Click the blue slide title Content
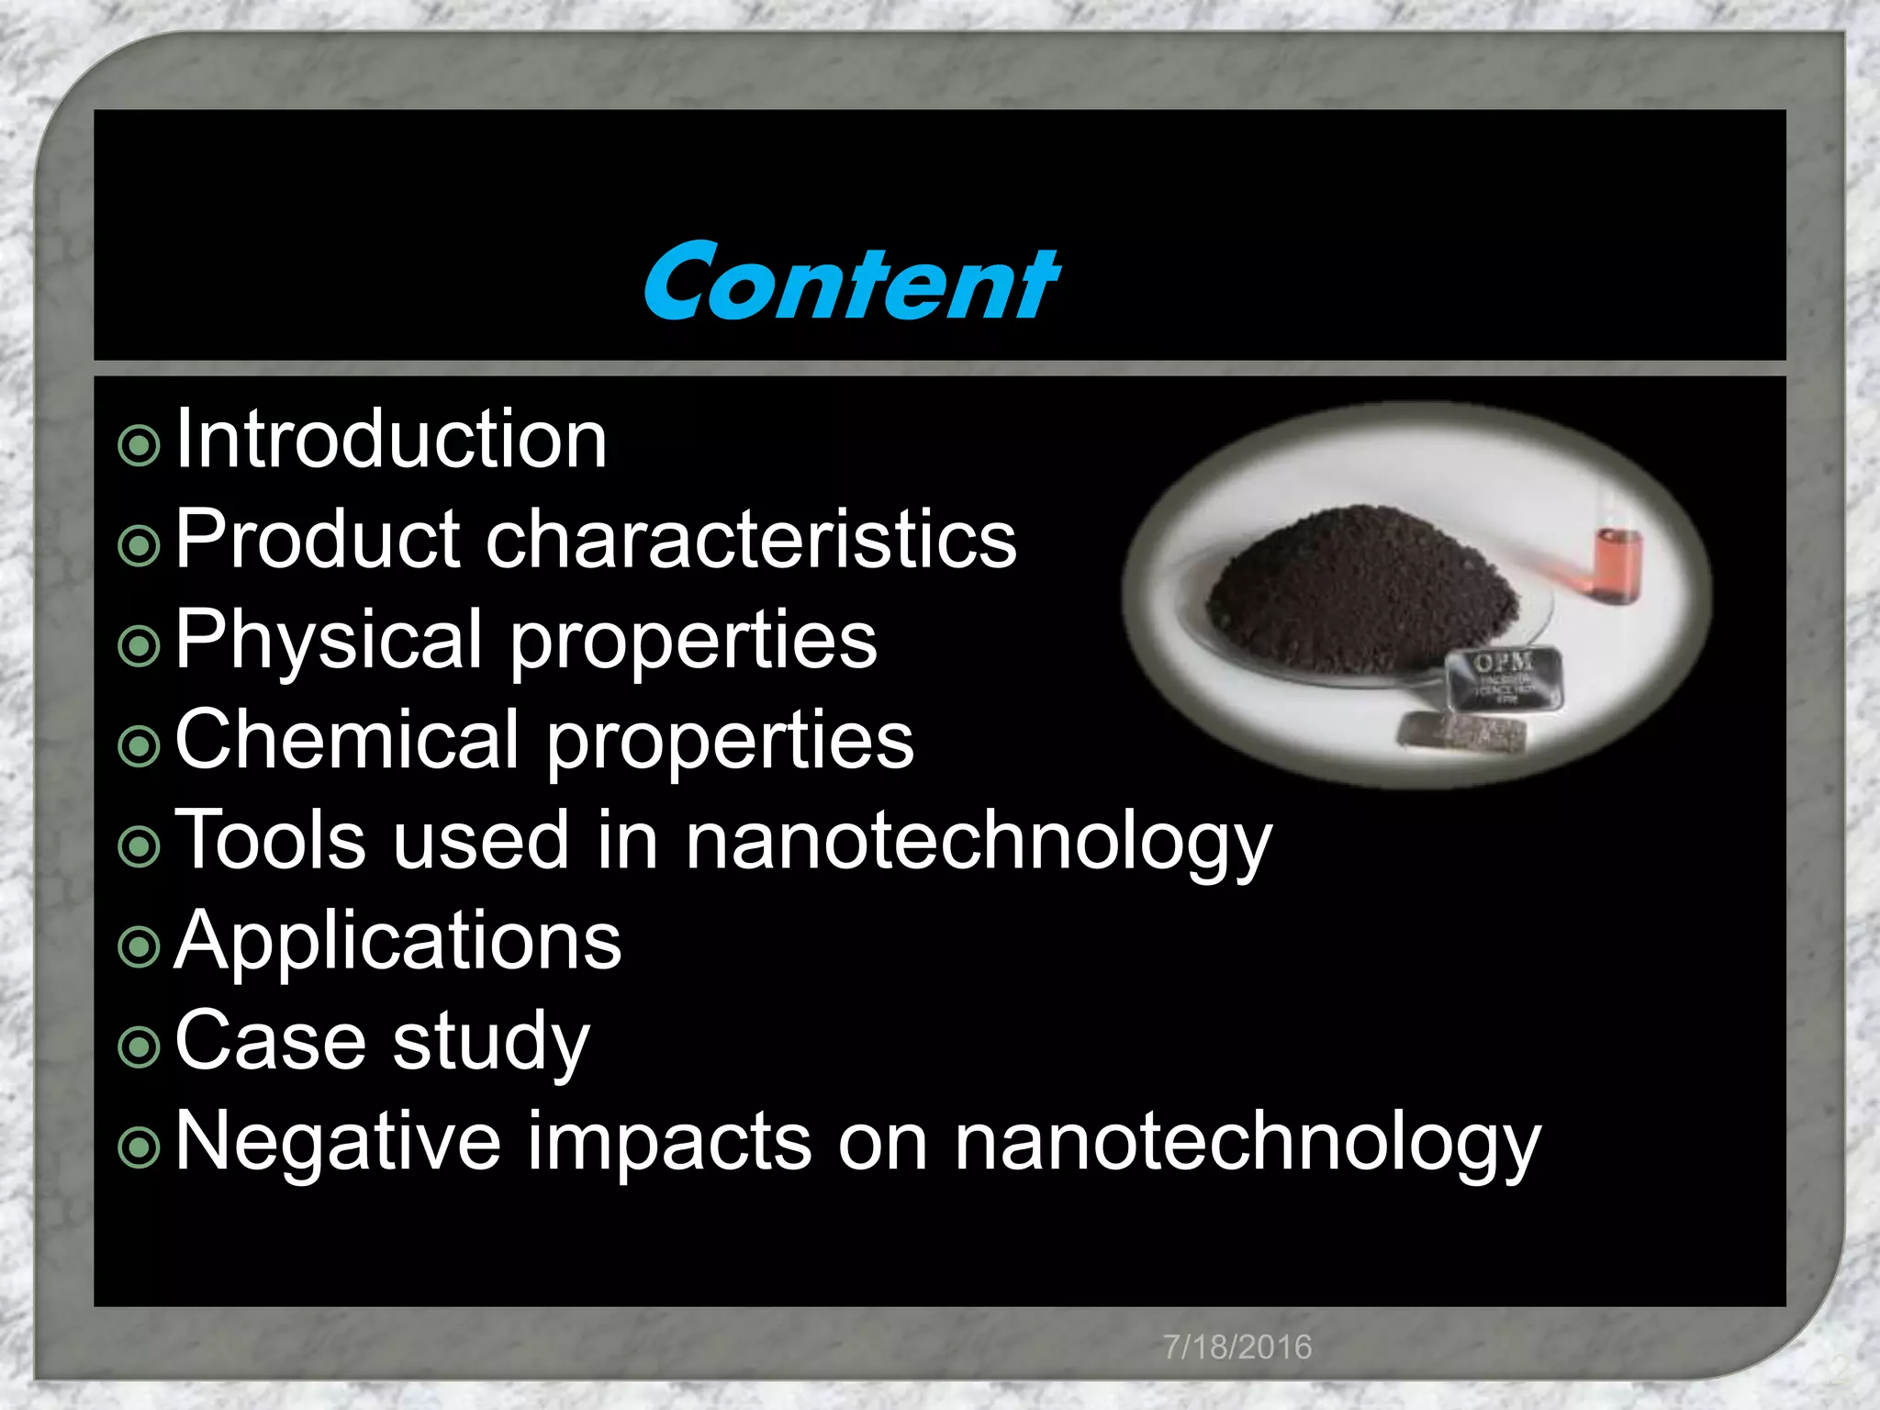(851, 282)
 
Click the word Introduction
(391, 440)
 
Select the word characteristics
(751, 540)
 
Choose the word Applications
(398, 940)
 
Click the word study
(491, 1042)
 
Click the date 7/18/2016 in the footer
(1237, 1347)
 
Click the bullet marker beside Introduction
(140, 446)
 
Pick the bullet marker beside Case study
(140, 1046)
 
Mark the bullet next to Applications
(140, 946)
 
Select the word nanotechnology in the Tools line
(979, 841)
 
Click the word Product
(317, 540)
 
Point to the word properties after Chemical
(731, 741)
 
